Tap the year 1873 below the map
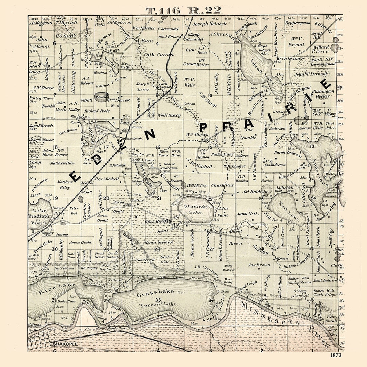pos(335,355)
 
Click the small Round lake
pos(101,97)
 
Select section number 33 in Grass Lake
pos(158,299)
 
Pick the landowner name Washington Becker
pos(323,94)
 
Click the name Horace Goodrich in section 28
pos(159,242)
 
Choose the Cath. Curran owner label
pos(154,54)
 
